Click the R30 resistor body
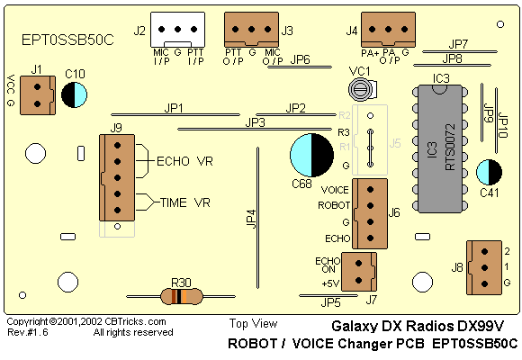coord(182,296)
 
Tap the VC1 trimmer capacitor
coord(363,90)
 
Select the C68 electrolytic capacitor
coord(311,155)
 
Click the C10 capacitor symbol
coord(74,94)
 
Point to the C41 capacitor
coord(489,172)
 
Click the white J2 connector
coord(178,30)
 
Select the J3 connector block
coord(252,30)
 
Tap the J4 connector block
coord(388,30)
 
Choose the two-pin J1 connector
coord(38,95)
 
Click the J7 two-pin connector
coord(359,272)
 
